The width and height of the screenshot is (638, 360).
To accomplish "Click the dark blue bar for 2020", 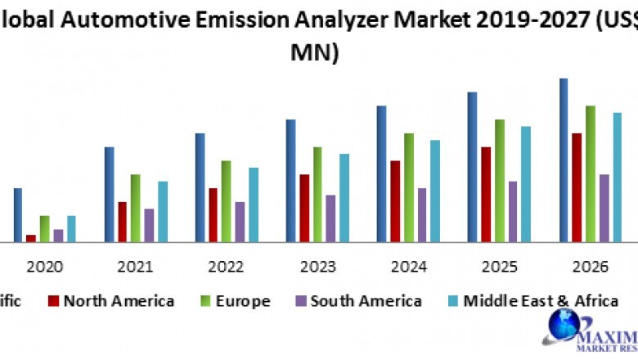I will (x=17, y=215).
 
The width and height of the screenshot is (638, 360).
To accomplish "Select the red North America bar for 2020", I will (x=31, y=238).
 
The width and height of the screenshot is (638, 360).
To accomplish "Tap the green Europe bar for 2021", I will (x=135, y=208).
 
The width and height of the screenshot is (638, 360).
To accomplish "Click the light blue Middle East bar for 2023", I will (x=344, y=197).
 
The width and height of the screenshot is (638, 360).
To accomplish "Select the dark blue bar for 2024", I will (x=381, y=173).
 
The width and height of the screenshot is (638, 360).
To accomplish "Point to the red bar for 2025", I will (x=486, y=194).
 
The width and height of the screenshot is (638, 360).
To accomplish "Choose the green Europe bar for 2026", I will (x=590, y=173).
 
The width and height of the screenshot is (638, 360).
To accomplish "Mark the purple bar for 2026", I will (x=604, y=208).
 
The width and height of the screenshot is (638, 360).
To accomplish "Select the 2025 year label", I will (x=500, y=267).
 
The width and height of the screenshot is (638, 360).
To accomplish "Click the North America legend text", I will (x=119, y=300).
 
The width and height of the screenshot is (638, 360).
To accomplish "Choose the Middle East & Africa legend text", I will (x=541, y=300).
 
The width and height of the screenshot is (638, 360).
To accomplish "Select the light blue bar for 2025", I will (x=526, y=184).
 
